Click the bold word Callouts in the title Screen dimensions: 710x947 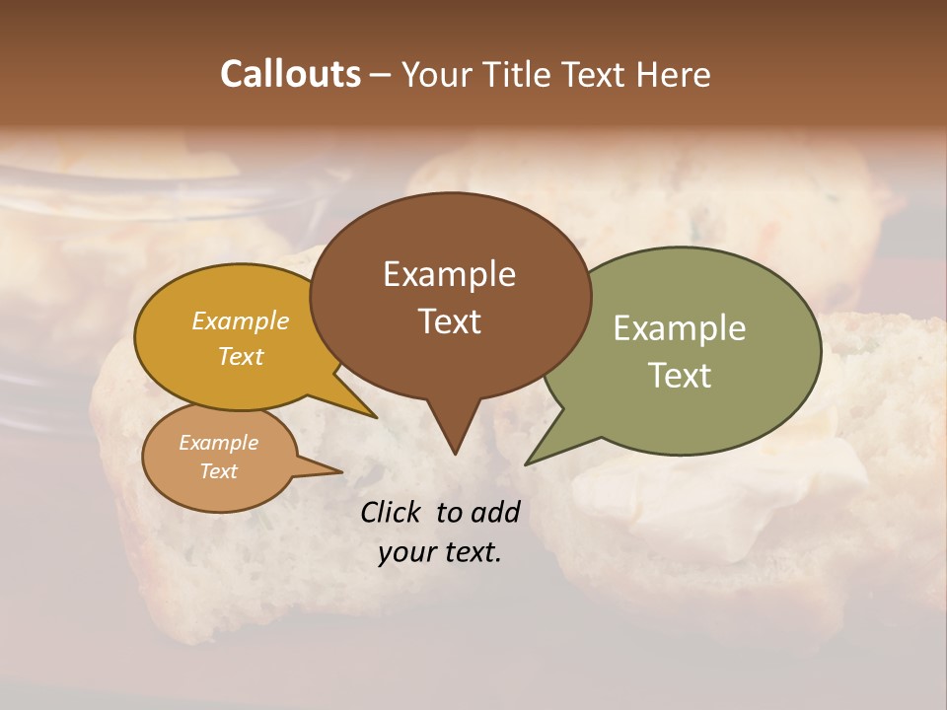[290, 74]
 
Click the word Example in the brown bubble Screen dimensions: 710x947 [449, 274]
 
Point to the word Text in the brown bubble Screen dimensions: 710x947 [450, 321]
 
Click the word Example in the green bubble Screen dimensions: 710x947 [680, 328]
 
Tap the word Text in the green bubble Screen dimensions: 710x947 [680, 376]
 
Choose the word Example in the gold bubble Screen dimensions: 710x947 [240, 320]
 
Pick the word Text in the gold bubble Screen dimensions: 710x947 [240, 356]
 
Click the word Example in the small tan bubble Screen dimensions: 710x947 [218, 443]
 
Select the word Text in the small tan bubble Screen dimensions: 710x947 [218, 471]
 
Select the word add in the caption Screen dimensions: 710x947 [494, 512]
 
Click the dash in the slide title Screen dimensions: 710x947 [382, 75]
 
